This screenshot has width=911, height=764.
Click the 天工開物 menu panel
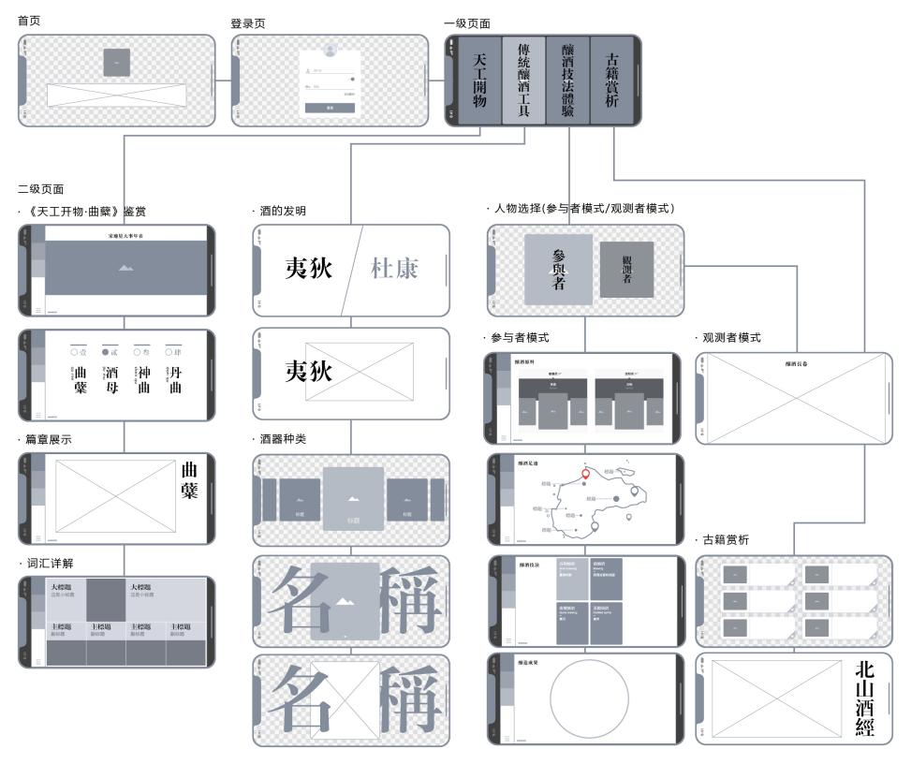click(479, 81)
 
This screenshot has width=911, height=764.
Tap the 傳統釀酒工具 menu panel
click(523, 81)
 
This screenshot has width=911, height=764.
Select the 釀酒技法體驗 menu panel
click(567, 81)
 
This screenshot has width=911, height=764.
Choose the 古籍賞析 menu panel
click(611, 81)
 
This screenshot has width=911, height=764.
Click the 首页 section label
click(29, 20)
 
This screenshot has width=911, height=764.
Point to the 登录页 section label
click(247, 22)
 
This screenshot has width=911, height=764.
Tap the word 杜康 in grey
click(394, 270)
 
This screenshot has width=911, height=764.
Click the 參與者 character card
click(558, 270)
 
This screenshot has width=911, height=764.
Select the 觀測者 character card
click(626, 270)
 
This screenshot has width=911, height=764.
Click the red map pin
click(586, 474)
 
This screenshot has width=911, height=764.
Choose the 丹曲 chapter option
click(174, 380)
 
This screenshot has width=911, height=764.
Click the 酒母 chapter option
click(111, 380)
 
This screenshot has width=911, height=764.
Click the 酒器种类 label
click(279, 439)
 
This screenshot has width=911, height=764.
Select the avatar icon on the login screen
click(329, 50)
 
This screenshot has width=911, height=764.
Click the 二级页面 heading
click(40, 189)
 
